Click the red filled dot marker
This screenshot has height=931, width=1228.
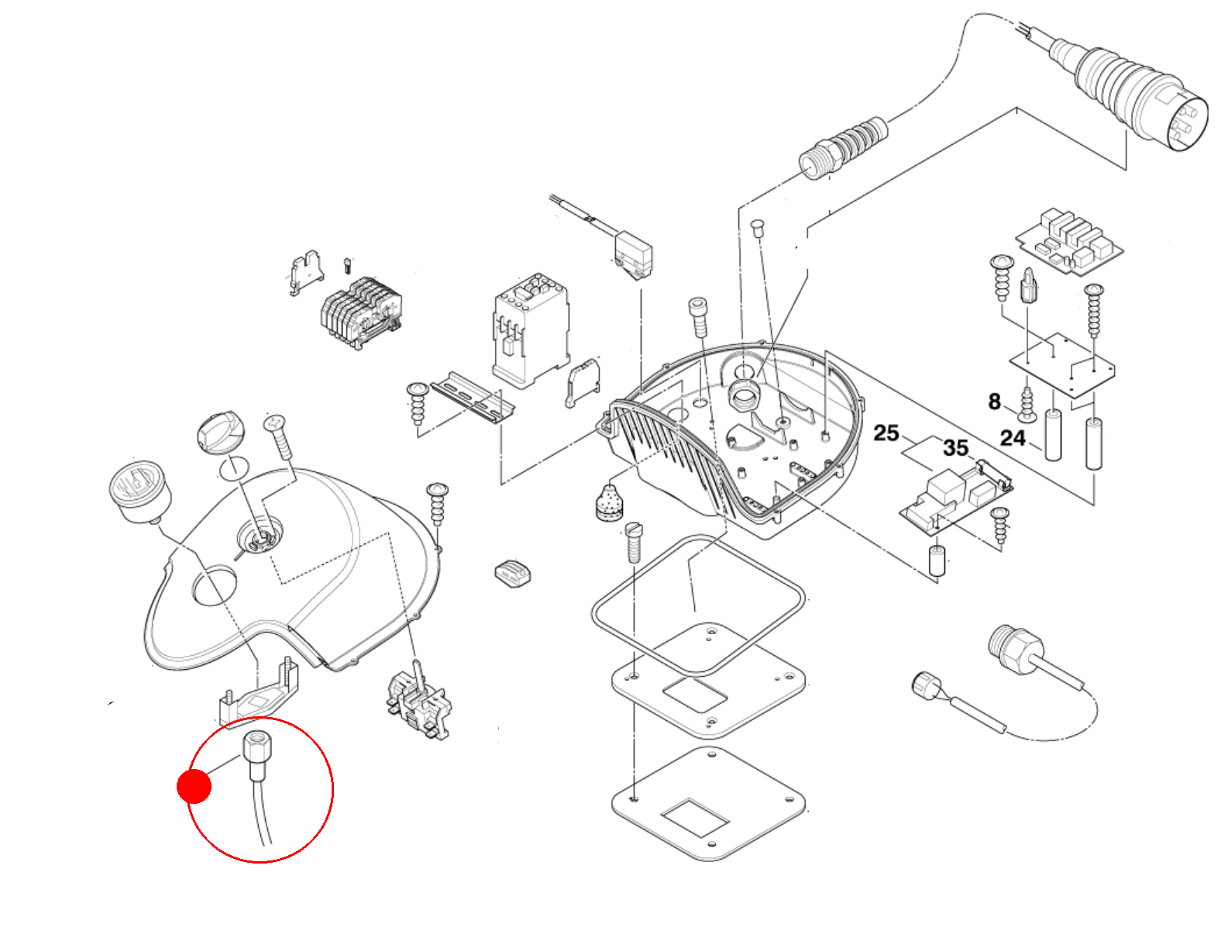(x=194, y=786)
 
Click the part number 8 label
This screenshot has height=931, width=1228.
(x=995, y=402)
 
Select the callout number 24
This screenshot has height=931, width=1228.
(x=1013, y=439)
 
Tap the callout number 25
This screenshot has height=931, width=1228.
(x=886, y=433)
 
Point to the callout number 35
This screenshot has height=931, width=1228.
(x=955, y=447)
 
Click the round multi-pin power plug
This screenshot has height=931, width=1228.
(x=1147, y=97)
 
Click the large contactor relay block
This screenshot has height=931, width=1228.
(x=530, y=327)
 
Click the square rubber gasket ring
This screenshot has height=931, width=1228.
(x=697, y=604)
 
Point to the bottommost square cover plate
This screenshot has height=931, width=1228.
(x=709, y=804)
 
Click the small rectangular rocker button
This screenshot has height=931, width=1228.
(x=513, y=573)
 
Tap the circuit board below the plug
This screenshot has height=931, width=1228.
(x=1069, y=242)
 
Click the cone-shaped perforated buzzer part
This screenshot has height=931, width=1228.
(x=611, y=502)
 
